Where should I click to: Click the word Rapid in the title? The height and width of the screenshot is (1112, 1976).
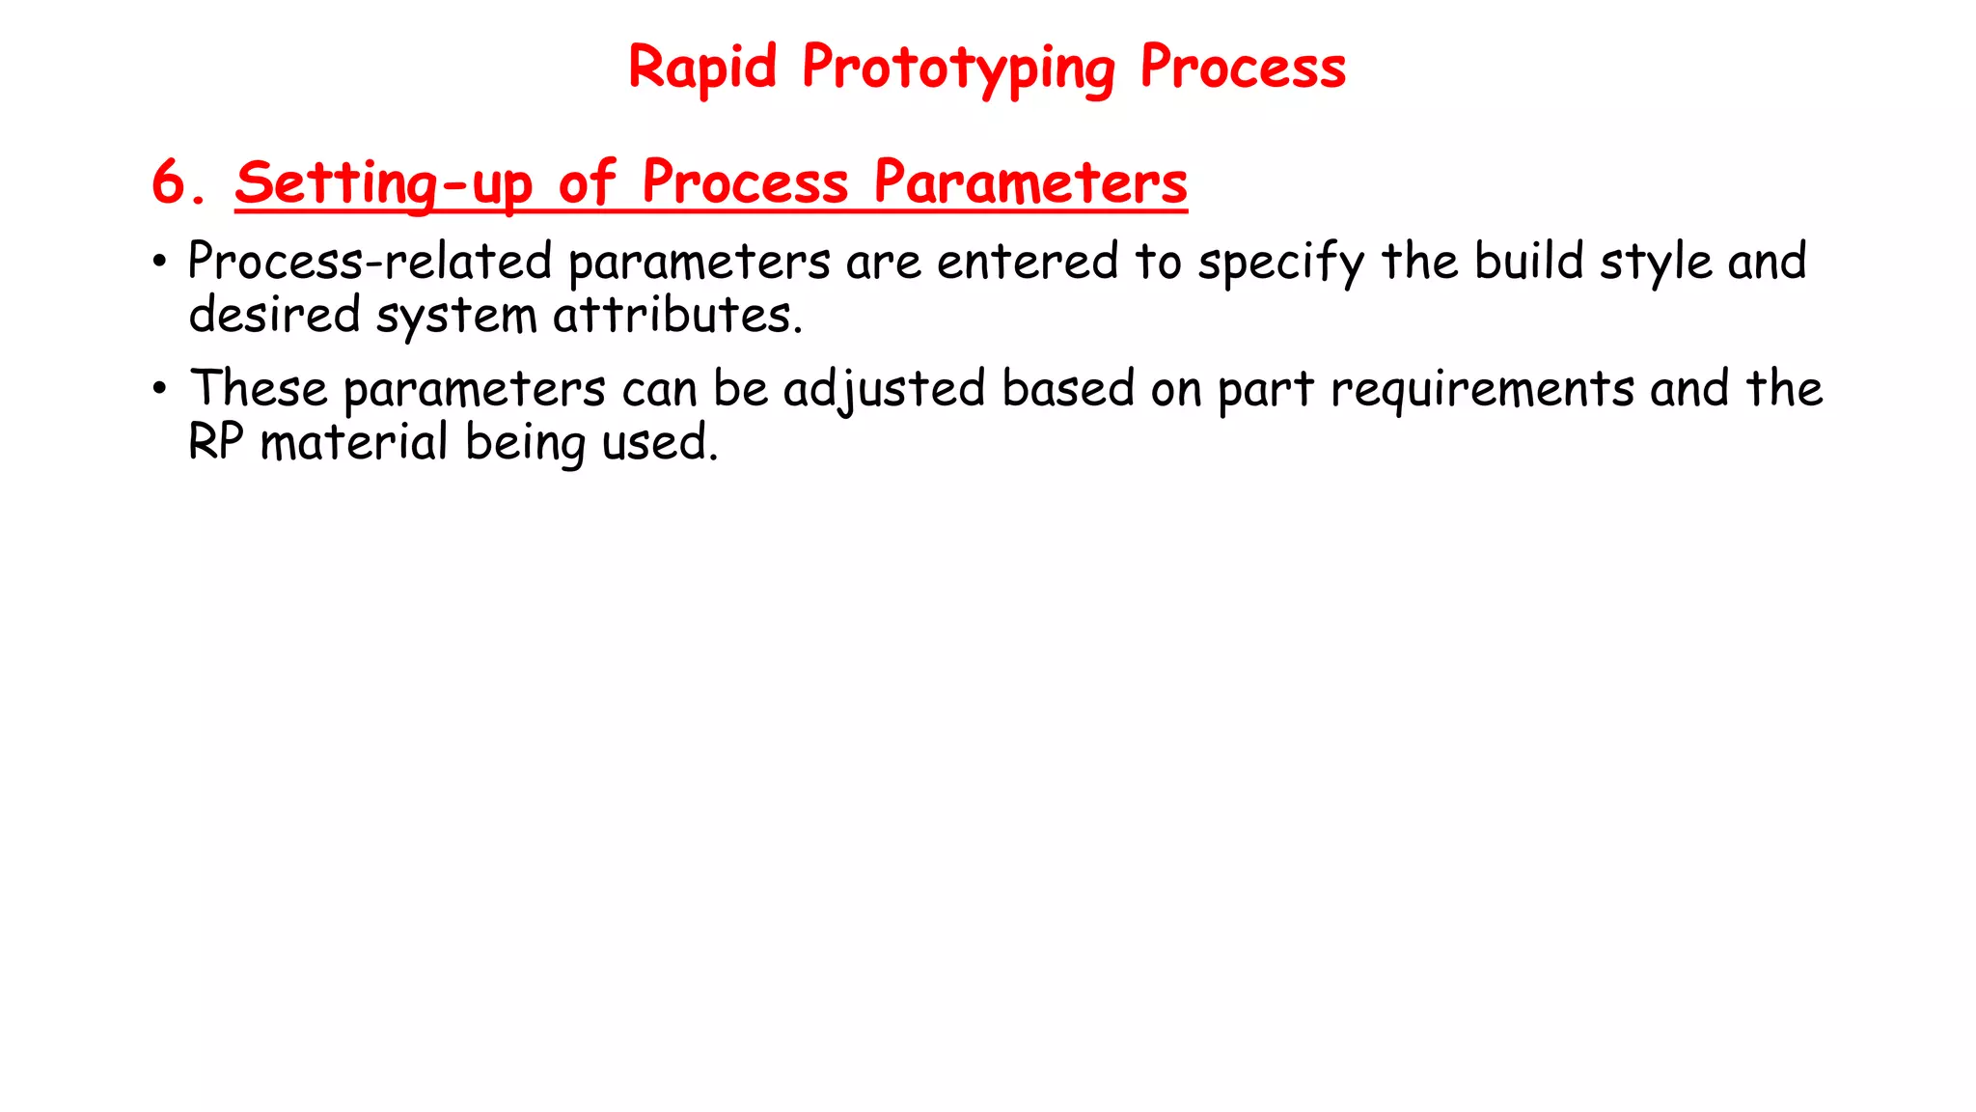(x=701, y=68)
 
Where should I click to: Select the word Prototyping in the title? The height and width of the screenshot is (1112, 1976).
(x=958, y=69)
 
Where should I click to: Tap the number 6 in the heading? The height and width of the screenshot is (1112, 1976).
(x=171, y=181)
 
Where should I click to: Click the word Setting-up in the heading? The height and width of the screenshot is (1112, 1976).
(x=383, y=183)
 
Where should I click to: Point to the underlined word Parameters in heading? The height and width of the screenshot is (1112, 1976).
(x=1029, y=182)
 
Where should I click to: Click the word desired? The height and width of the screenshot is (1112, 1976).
(x=274, y=315)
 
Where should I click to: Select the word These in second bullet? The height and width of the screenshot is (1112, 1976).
(x=259, y=389)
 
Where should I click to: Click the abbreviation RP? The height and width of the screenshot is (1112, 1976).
(x=215, y=442)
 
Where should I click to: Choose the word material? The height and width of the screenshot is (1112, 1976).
(x=354, y=442)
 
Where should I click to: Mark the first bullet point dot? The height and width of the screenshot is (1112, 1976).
(x=160, y=263)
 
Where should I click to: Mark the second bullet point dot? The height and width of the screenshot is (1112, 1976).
(x=160, y=390)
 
